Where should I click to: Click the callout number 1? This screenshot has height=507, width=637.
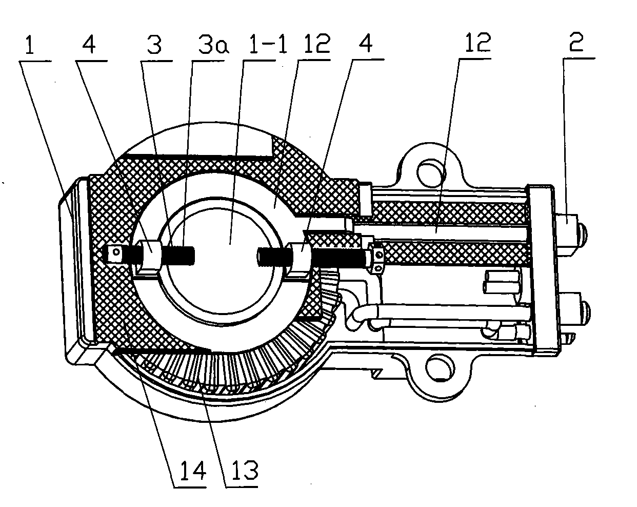click(30, 45)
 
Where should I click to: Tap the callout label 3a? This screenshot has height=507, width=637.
click(214, 45)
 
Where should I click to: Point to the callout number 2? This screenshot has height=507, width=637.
click(576, 42)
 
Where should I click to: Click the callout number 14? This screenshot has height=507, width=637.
click(193, 470)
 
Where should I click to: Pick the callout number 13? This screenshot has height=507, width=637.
click(245, 470)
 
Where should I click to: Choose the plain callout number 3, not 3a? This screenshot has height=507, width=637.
click(154, 45)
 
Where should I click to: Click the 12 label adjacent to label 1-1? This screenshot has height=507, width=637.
click(317, 43)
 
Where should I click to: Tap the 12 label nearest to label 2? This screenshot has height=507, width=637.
click(478, 42)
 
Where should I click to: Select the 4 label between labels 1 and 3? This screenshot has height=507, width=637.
click(89, 45)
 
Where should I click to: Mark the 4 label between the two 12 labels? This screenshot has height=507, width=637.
click(366, 43)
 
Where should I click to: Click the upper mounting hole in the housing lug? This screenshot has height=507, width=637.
click(431, 173)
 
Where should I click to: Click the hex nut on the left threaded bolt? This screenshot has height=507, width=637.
click(150, 254)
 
